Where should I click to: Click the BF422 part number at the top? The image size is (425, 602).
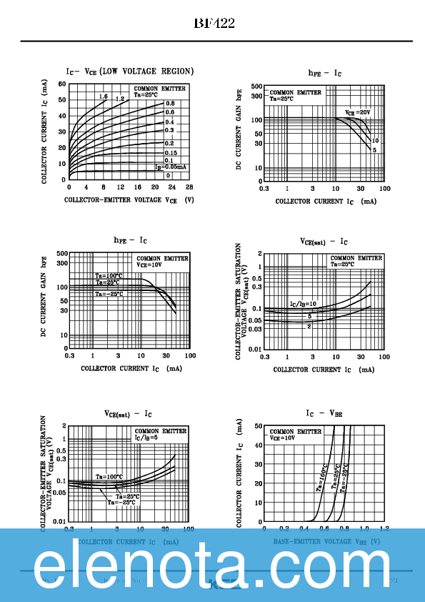[214, 24]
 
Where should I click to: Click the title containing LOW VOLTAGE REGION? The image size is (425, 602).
[129, 71]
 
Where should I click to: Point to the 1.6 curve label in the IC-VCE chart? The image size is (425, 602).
[104, 97]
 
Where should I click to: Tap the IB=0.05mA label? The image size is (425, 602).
[171, 166]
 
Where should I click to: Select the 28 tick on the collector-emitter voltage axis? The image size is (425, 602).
[189, 187]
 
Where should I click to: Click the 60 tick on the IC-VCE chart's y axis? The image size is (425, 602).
[62, 84]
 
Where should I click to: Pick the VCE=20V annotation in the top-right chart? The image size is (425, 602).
[357, 113]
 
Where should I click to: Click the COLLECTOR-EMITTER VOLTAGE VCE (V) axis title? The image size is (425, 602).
[129, 201]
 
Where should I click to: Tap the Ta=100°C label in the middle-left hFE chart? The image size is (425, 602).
[109, 275]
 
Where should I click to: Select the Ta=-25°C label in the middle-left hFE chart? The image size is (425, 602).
[109, 294]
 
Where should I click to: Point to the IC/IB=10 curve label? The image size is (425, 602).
[302, 304]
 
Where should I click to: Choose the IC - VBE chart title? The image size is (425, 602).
[324, 414]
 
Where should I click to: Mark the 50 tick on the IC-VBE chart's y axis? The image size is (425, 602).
[258, 426]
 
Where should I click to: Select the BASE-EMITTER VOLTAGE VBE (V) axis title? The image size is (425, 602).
[326, 542]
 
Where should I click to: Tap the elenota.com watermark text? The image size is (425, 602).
[211, 565]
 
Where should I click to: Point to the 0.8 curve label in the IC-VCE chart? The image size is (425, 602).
[170, 104]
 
